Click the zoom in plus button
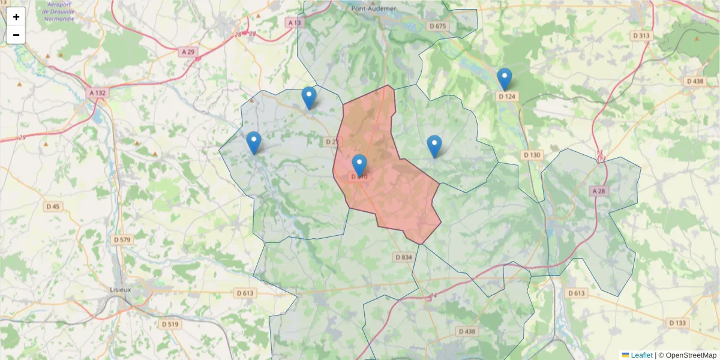(x=16, y=17)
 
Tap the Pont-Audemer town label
(x=374, y=8)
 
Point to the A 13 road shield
(x=294, y=22)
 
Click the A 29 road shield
(x=188, y=52)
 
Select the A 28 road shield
(x=599, y=191)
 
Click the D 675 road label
(x=439, y=26)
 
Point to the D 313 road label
(x=641, y=35)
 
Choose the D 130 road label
(x=532, y=155)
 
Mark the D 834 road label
(x=404, y=257)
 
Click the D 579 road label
(x=122, y=239)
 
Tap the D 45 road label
(x=53, y=206)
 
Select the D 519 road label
(x=170, y=324)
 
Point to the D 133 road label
(x=677, y=323)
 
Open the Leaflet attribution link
(x=641, y=355)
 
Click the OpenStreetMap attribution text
(x=691, y=355)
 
